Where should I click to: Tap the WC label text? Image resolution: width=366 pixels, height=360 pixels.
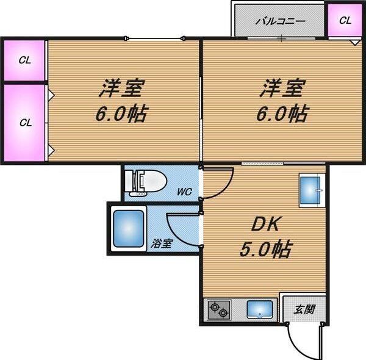[x=184, y=192]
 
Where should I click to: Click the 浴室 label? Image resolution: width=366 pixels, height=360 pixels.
[x=162, y=243]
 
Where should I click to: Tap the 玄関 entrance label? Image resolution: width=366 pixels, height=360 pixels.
[x=303, y=309]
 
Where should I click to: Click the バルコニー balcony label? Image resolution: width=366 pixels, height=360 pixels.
[x=279, y=21]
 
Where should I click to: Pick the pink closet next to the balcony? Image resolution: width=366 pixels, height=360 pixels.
[x=345, y=20]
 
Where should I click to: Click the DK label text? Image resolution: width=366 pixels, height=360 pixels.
[x=265, y=225]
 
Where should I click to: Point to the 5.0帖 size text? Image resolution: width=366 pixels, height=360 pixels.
[x=265, y=249]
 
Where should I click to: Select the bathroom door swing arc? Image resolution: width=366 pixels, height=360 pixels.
[x=182, y=227]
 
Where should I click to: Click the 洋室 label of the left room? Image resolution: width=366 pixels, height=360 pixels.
[x=121, y=88]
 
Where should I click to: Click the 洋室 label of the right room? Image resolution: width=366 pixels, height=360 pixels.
[x=282, y=88]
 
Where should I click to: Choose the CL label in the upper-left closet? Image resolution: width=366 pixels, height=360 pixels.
[x=24, y=60]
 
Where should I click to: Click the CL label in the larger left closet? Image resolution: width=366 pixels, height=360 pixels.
[x=24, y=122]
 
